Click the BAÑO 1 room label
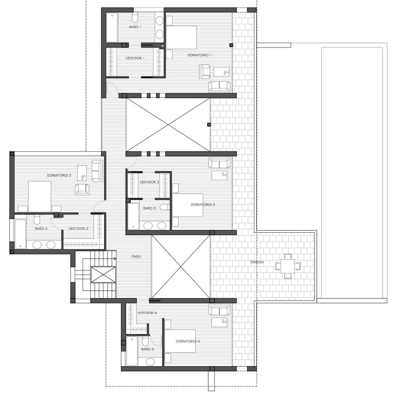(x=135, y=27)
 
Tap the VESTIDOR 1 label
(x=135, y=58)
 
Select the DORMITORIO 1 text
(x=199, y=55)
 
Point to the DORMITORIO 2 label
(x=59, y=175)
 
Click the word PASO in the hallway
(x=136, y=257)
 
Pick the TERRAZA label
(x=257, y=262)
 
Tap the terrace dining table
(x=288, y=266)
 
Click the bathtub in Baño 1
(x=112, y=27)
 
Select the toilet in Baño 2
(x=37, y=219)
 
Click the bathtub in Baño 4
(x=132, y=351)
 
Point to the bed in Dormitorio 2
(x=40, y=197)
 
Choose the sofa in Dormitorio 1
(x=220, y=87)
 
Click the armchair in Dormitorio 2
(x=82, y=189)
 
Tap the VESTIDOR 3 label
(x=149, y=183)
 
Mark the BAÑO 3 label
(x=149, y=208)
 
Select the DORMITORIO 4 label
(x=188, y=341)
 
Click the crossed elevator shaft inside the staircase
(x=103, y=275)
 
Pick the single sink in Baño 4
(x=150, y=362)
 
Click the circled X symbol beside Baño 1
(x=163, y=46)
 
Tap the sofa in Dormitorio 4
(x=220, y=309)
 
